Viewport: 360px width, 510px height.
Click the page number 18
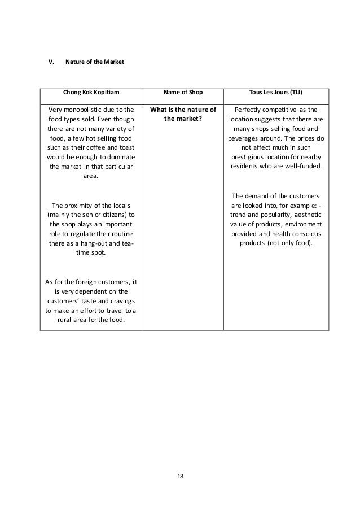pyautogui.click(x=180, y=476)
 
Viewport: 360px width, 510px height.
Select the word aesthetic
pyautogui.click(x=302, y=215)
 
